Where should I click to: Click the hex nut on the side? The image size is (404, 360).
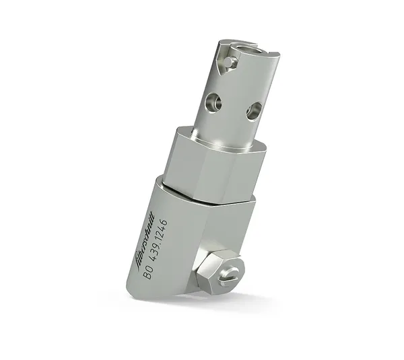(x=217, y=269)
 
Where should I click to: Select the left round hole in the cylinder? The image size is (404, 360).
(x=214, y=102)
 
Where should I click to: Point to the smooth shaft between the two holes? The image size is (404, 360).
(x=232, y=108)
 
